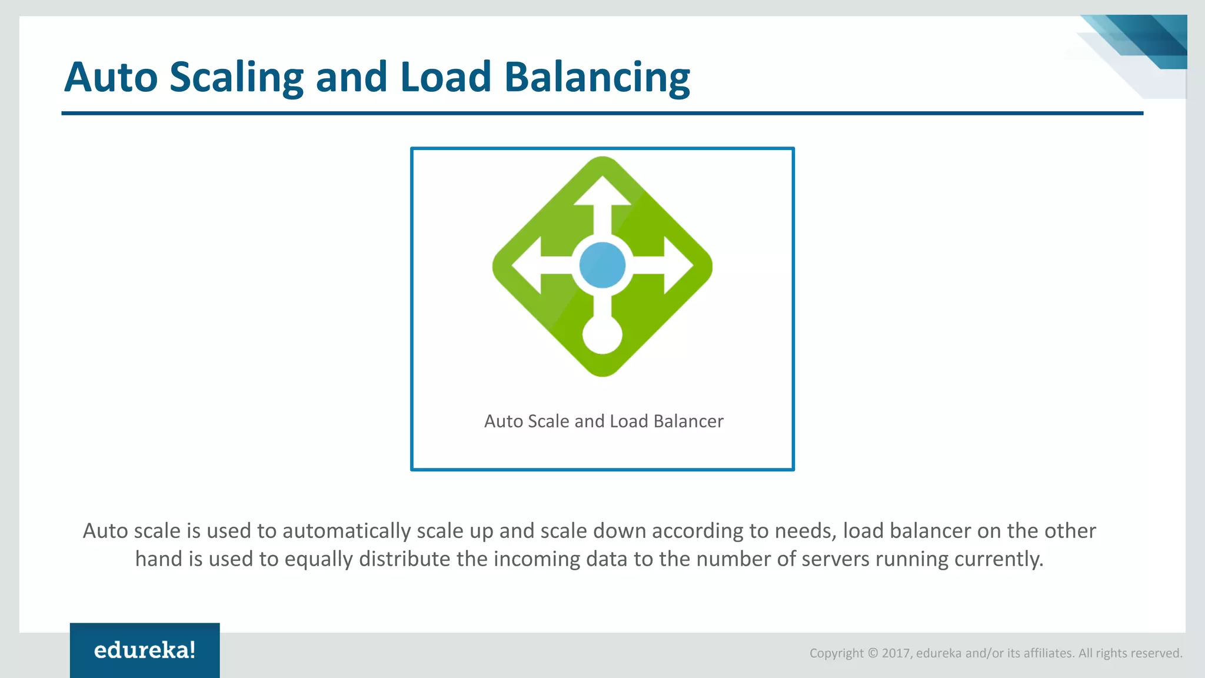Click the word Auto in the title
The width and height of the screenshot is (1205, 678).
[x=111, y=77]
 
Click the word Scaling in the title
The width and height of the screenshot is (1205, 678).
[x=236, y=77]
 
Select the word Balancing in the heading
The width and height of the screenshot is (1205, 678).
[x=597, y=77]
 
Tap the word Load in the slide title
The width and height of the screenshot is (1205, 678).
[x=445, y=77]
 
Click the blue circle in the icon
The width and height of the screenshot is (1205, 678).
[x=602, y=265]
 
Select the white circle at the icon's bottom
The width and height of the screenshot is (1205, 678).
[x=602, y=335]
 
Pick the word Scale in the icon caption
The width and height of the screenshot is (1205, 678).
[x=548, y=421]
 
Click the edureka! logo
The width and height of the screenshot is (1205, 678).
[x=145, y=650]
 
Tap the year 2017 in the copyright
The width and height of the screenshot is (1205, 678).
[x=896, y=653]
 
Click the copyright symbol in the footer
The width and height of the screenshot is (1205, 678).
[x=873, y=653]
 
